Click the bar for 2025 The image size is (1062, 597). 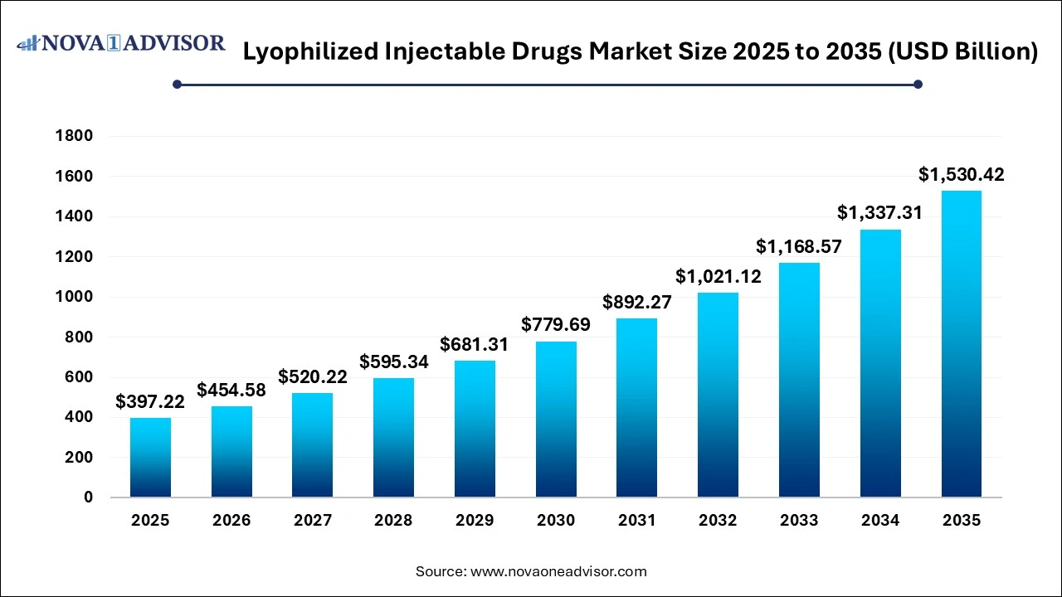(x=150, y=458)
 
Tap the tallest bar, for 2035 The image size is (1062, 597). (x=962, y=344)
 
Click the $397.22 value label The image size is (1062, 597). (x=150, y=402)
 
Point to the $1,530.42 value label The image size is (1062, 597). (x=962, y=175)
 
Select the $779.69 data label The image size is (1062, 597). (x=556, y=325)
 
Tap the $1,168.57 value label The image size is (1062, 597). (x=799, y=247)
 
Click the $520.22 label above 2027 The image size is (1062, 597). (x=313, y=377)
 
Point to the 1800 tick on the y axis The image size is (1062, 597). (x=75, y=136)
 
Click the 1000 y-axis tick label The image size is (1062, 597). (x=75, y=297)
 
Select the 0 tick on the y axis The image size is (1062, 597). (x=87, y=498)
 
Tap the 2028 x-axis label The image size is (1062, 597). (x=393, y=521)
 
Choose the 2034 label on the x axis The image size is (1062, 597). (x=880, y=521)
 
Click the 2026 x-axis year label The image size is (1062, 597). (x=231, y=521)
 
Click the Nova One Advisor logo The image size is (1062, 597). (x=121, y=43)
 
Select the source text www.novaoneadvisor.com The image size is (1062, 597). (x=558, y=571)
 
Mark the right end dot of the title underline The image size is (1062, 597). (x=918, y=84)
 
